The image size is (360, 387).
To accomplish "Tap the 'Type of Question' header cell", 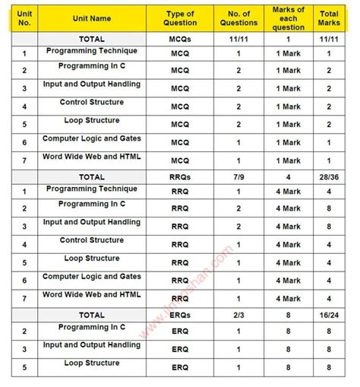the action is click(x=180, y=17).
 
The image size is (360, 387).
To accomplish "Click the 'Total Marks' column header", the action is click(x=329, y=17).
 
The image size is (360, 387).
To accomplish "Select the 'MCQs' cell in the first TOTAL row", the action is click(x=180, y=38).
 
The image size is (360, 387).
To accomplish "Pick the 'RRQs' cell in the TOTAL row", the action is click(x=180, y=176).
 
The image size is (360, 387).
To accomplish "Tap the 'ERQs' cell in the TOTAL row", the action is click(x=180, y=314).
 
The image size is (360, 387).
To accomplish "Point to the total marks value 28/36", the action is click(x=329, y=176).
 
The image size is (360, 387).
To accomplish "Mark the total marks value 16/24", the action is click(x=329, y=314).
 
